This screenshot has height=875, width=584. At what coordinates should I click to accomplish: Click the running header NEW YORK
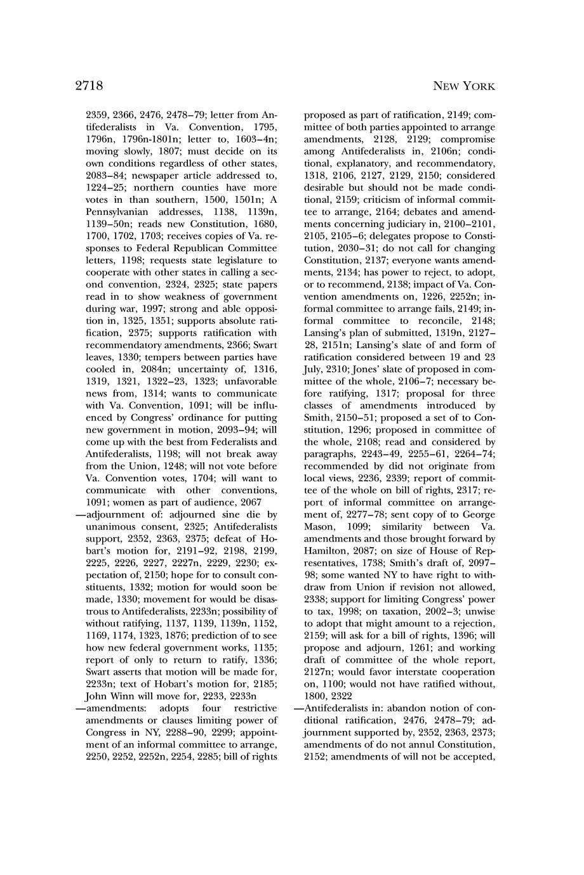(x=463, y=86)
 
